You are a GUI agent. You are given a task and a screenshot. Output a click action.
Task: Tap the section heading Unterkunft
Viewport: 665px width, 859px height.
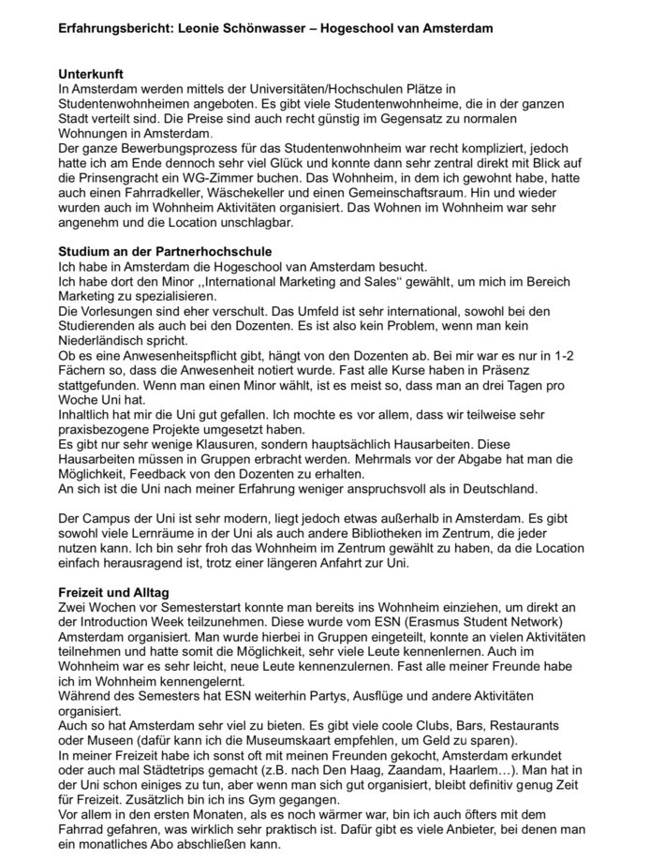[90, 73]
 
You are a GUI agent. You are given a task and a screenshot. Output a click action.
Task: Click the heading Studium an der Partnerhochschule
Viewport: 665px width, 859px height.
[165, 251]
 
